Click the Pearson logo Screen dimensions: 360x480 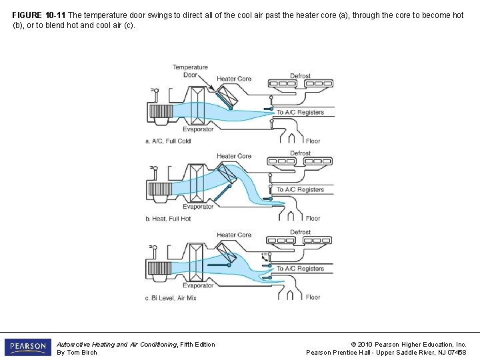27,347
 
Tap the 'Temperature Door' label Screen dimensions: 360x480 190,71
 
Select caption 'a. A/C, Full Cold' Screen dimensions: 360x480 168,141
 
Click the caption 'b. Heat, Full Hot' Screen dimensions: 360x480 168,219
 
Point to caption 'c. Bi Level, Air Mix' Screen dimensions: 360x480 171,298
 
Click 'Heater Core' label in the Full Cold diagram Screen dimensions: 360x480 234,79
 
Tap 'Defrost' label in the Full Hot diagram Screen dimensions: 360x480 300,153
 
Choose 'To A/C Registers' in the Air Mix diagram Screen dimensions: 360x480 300,269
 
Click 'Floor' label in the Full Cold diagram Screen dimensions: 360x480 313,141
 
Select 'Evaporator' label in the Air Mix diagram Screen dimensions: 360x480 198,285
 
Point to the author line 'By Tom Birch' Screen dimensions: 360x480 77,353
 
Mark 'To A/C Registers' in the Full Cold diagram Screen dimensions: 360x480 300,113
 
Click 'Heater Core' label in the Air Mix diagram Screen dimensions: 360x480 234,235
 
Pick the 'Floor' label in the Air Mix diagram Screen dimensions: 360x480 313,297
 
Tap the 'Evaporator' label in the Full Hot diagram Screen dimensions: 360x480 198,207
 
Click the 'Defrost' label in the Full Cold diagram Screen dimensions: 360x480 300,76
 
